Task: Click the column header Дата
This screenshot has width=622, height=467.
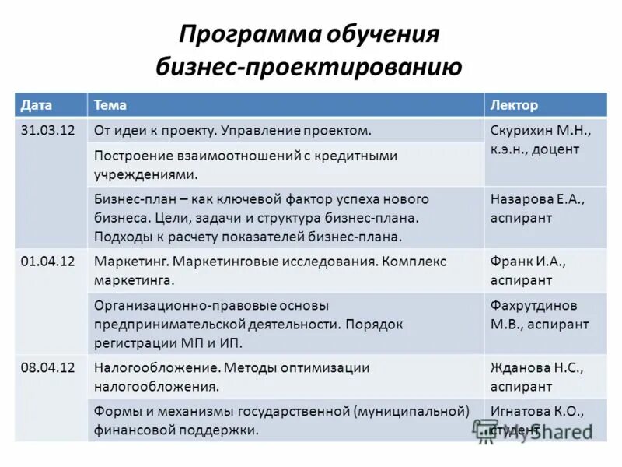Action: tap(37, 105)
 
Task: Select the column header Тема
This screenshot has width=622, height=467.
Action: tap(110, 105)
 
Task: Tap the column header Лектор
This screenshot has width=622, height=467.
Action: tap(514, 105)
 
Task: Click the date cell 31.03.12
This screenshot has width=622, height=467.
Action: tap(47, 130)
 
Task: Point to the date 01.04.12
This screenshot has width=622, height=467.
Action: tap(47, 262)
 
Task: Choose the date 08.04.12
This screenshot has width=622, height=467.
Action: tap(47, 368)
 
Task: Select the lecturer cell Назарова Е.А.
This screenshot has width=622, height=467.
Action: tap(537, 199)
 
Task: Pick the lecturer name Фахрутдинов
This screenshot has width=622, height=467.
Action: tap(534, 305)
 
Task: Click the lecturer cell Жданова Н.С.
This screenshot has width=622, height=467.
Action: tap(536, 368)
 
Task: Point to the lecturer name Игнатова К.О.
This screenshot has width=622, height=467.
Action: tap(536, 410)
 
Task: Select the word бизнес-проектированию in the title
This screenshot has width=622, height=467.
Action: tap(309, 67)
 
